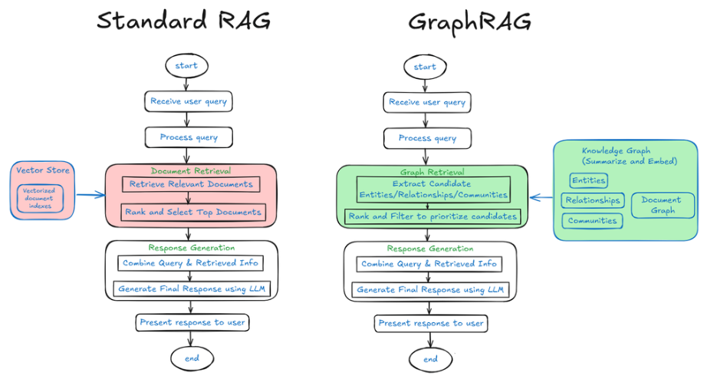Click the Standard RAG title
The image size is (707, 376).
click(183, 21)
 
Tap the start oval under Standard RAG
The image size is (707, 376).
click(186, 65)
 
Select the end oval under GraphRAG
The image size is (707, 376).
click(431, 359)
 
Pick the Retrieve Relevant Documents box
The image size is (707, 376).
click(191, 185)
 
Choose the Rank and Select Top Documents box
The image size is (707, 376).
click(193, 212)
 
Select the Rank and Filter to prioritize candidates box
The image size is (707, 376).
click(432, 216)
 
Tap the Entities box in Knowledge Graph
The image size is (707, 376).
click(588, 180)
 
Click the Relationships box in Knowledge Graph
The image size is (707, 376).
click(593, 200)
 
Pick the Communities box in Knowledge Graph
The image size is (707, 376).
click(591, 221)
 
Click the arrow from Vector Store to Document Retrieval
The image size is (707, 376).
click(90, 195)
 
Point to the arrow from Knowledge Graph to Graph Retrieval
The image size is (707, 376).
click(541, 197)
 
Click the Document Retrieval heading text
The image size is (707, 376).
click(190, 171)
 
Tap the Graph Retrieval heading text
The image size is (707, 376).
click(432, 172)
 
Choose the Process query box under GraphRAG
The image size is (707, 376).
click(427, 138)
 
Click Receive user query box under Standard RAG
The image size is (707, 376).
click(189, 101)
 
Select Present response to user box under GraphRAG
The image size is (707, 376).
click(431, 323)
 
